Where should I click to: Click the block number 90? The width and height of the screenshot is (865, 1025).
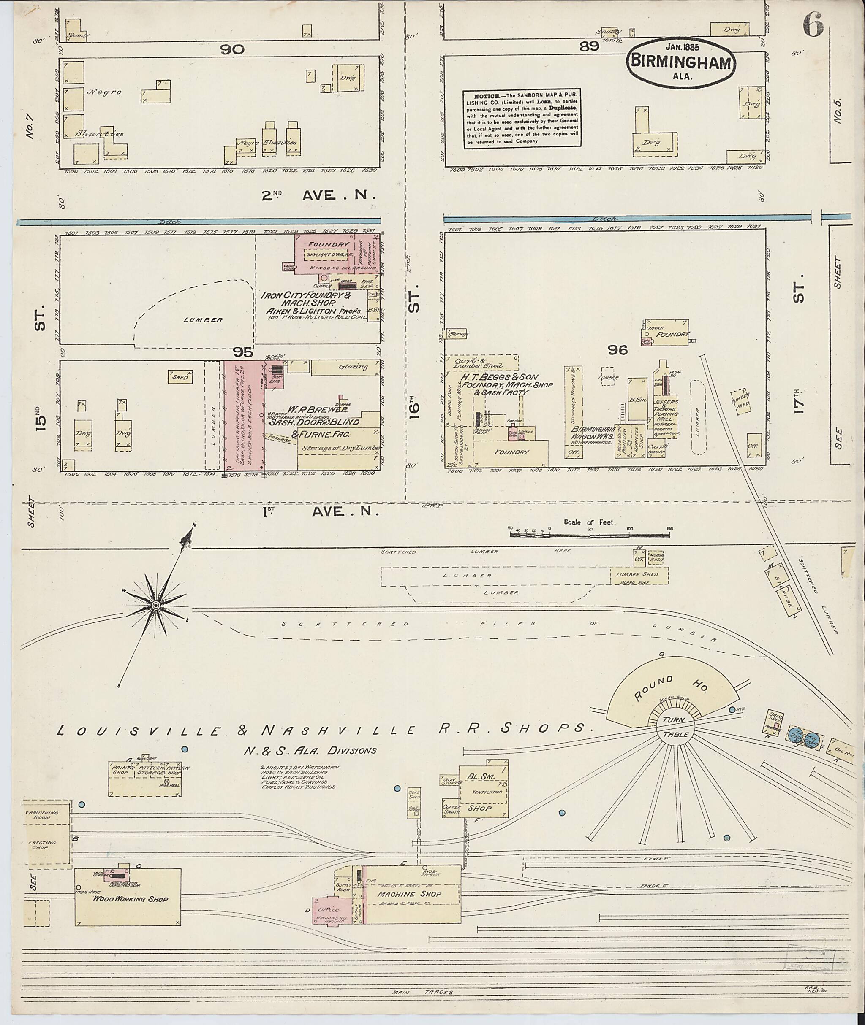tap(232, 49)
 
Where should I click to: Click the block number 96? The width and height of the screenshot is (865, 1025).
tap(617, 350)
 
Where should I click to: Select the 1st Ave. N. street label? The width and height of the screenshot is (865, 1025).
tap(321, 512)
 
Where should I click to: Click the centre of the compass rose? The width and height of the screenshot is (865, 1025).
tap(156, 606)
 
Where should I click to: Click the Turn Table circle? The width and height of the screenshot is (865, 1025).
tap(676, 728)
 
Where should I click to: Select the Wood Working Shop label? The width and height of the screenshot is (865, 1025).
tap(131, 899)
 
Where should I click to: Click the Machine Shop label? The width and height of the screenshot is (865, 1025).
tap(409, 894)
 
